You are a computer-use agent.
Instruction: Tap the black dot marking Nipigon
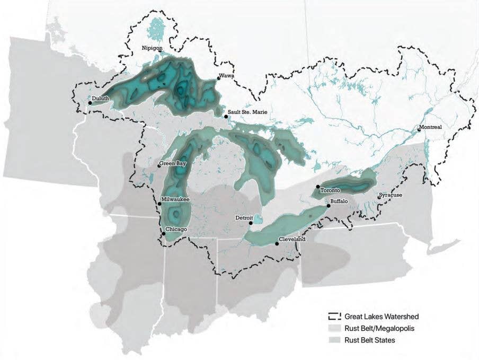click(159, 51)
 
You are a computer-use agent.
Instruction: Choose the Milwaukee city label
click(175, 199)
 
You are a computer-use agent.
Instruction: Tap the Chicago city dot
click(163, 233)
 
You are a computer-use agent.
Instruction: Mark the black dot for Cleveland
click(277, 244)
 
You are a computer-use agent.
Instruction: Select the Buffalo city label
click(339, 201)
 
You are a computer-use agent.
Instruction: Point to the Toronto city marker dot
click(318, 187)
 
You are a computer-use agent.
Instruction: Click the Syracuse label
click(392, 195)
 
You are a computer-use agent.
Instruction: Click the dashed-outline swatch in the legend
click(333, 317)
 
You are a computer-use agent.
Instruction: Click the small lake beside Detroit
click(258, 219)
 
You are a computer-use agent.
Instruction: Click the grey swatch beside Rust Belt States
click(333, 340)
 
